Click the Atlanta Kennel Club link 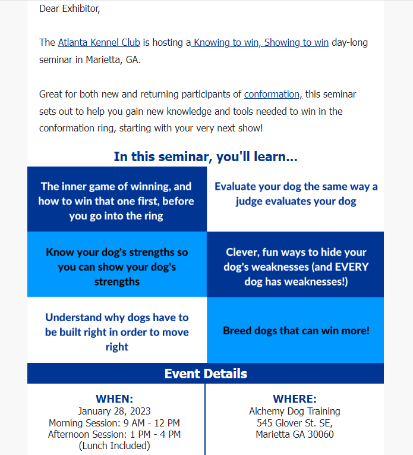click(x=99, y=43)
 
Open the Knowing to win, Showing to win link click(x=260, y=43)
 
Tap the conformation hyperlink click(x=273, y=94)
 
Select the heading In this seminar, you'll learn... click(x=206, y=157)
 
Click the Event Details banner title click(x=206, y=374)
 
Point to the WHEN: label click(x=114, y=399)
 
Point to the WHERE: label click(x=294, y=399)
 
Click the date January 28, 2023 click(x=114, y=411)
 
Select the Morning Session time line click(x=114, y=423)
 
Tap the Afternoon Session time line click(x=114, y=434)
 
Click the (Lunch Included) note click(x=114, y=446)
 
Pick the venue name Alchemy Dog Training click(x=294, y=411)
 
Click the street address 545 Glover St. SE click(x=294, y=423)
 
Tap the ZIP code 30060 click(x=320, y=434)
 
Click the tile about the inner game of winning click(x=116, y=201)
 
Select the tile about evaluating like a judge click(x=295, y=194)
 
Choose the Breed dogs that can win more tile click(x=295, y=330)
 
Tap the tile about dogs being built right click(x=116, y=332)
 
